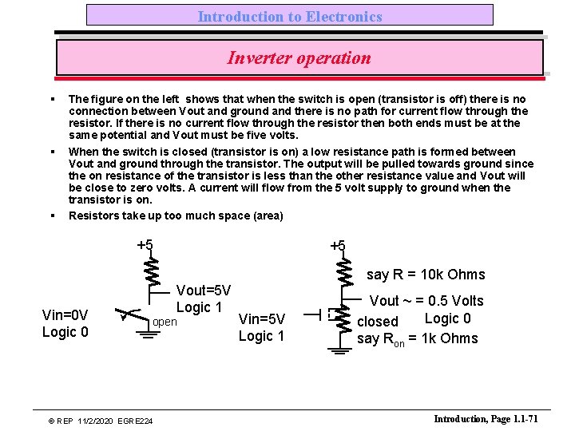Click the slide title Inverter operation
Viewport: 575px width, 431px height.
299,58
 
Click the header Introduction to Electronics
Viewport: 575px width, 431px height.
290,16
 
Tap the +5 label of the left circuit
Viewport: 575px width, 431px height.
145,245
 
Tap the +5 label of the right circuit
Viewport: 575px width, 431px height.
338,246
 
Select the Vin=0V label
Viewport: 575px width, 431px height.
65,314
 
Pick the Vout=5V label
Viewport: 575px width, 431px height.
203,291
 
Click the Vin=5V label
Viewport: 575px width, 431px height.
261,319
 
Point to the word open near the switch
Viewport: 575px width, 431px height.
165,322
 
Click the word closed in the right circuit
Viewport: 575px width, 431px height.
377,322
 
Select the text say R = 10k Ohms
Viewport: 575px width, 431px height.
426,275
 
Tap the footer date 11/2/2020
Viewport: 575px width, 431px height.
89,421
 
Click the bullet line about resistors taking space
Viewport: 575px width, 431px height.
176,215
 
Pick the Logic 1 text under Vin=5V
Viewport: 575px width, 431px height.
261,336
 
